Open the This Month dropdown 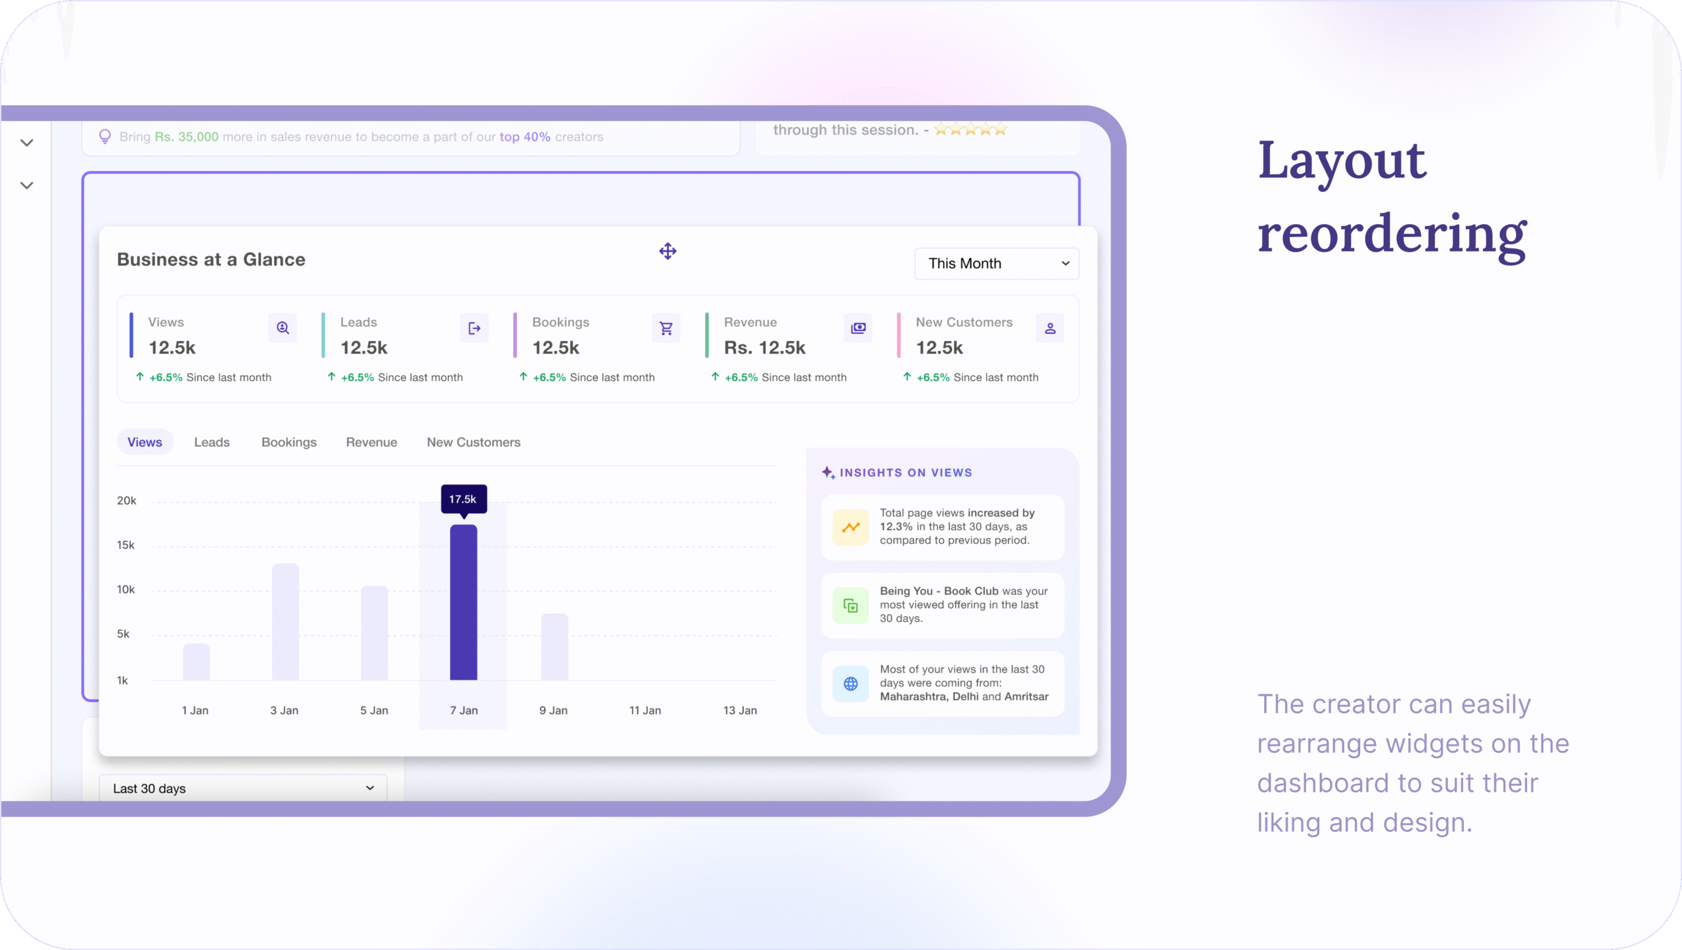(996, 263)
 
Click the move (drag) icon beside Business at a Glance (668, 251)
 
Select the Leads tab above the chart (212, 442)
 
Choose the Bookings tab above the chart (289, 442)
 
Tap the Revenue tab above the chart (371, 442)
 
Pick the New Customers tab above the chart (473, 442)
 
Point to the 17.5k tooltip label (463, 499)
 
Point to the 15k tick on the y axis (125, 545)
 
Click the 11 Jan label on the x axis (645, 710)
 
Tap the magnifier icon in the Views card (283, 328)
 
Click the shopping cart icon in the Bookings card (666, 328)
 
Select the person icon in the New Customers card (1050, 328)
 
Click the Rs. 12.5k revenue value (764, 348)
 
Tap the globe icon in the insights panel (850, 684)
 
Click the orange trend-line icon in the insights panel (850, 527)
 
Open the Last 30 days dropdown (242, 788)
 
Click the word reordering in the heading (1392, 235)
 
